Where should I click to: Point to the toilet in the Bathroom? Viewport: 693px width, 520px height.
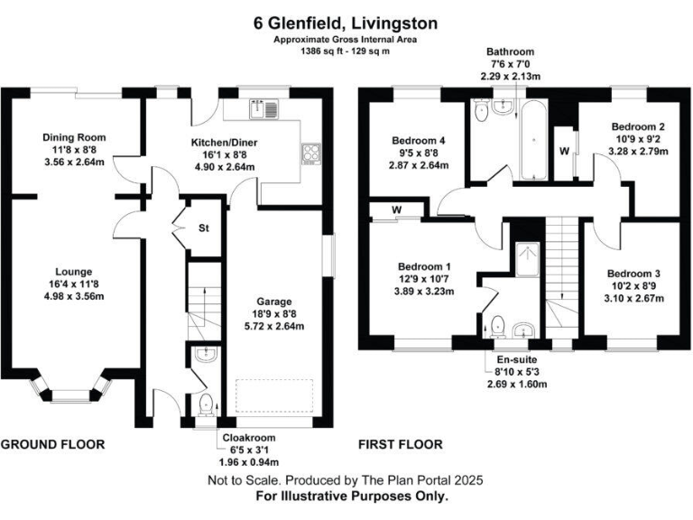tap(482, 114)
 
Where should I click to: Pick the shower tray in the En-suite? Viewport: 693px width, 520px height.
tap(525, 260)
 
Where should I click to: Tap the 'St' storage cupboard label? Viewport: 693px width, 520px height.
tap(204, 228)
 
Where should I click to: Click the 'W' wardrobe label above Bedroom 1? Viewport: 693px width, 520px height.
tap(395, 212)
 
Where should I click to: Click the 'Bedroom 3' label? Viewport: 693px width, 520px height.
tap(633, 274)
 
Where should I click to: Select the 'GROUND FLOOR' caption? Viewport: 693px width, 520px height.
tap(52, 444)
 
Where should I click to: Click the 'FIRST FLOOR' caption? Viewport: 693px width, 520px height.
tap(401, 444)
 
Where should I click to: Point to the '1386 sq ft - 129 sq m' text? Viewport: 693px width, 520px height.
tap(346, 53)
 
